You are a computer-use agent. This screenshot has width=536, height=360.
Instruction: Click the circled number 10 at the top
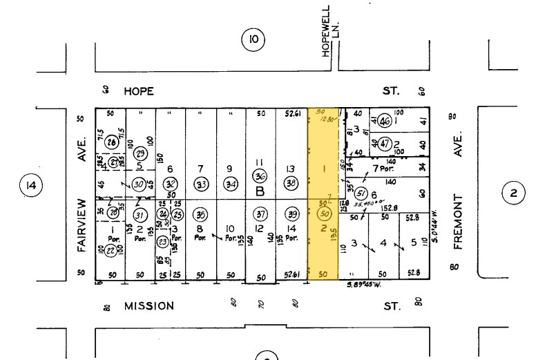253,41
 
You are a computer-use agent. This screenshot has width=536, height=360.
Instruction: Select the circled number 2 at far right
513,194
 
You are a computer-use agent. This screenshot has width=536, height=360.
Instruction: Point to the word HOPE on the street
138,91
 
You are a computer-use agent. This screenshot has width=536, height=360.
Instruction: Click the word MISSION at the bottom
149,305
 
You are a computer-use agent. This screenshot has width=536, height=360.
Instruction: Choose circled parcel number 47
386,144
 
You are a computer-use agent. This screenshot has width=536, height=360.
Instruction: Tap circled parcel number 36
260,175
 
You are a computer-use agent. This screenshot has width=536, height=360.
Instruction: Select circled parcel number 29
140,153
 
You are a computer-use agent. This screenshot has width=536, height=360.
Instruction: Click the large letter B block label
260,190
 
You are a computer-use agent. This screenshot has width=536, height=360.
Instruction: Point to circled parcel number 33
201,184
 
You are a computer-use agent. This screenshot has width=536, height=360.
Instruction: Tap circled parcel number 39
292,214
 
